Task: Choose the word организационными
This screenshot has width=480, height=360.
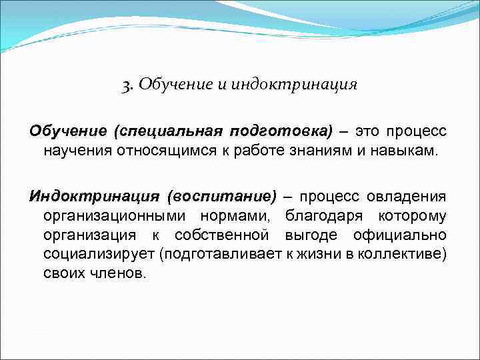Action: pos(116,216)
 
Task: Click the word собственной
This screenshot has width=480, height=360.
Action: pos(221,235)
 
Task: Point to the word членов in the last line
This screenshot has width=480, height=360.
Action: pos(117,274)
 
